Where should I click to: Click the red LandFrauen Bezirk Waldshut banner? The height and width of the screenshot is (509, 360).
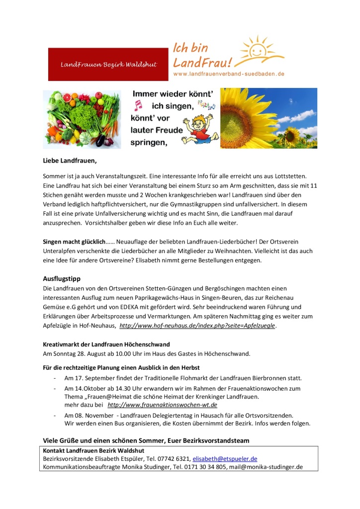[108, 64]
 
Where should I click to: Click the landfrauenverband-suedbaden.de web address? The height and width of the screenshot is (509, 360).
[228, 74]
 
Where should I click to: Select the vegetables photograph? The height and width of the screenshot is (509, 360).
[82, 119]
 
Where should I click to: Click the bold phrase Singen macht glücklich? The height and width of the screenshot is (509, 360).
[74, 242]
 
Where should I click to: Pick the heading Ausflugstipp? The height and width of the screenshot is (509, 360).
[62, 279]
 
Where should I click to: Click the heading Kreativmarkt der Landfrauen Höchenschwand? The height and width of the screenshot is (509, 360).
[106, 344]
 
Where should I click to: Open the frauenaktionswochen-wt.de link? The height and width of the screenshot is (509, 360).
[162, 405]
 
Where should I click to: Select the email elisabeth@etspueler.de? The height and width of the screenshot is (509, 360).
[225, 458]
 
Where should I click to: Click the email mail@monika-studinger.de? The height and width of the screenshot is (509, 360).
[266, 467]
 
